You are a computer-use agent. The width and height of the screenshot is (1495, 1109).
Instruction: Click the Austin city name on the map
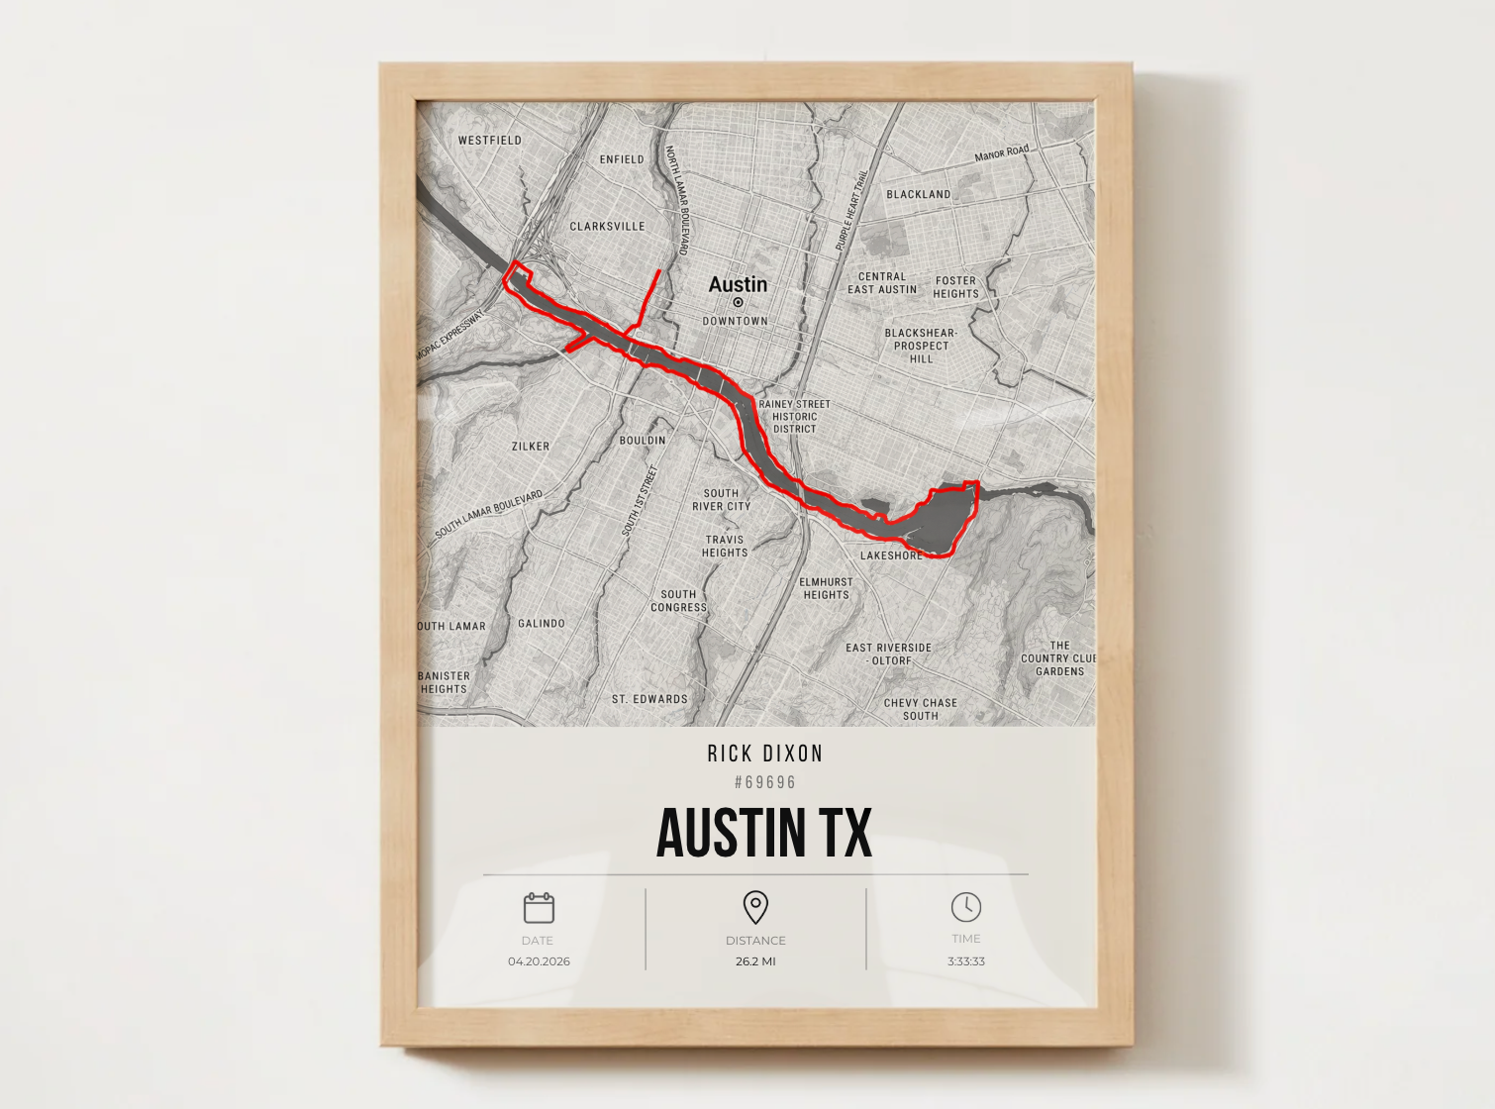click(x=738, y=284)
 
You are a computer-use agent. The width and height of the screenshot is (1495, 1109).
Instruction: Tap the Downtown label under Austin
click(x=736, y=321)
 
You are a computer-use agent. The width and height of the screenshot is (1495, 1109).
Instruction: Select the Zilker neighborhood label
click(x=531, y=447)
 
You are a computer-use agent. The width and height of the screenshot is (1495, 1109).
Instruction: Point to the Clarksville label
click(x=607, y=227)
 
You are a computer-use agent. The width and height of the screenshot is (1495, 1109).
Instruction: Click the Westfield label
click(x=489, y=141)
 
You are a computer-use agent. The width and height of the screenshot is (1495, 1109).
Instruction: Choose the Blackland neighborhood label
click(x=918, y=195)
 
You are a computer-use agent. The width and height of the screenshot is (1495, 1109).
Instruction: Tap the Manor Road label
click(x=1002, y=153)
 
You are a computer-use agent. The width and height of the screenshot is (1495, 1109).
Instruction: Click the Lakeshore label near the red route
click(x=891, y=555)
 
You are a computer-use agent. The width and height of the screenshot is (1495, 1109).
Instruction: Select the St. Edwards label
click(x=649, y=699)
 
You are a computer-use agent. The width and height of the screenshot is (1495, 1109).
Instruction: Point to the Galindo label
click(x=542, y=624)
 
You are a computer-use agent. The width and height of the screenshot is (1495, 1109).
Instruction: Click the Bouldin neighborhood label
click(x=643, y=441)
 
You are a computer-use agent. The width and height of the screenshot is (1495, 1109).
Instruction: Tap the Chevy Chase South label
click(x=921, y=709)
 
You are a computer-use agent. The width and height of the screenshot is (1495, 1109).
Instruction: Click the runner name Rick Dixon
click(x=765, y=754)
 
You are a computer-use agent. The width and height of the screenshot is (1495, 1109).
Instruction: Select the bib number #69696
click(x=765, y=782)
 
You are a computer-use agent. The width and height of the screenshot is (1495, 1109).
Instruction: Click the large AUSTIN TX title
click(x=764, y=833)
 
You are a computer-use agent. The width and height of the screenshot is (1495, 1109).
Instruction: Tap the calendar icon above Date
click(x=539, y=907)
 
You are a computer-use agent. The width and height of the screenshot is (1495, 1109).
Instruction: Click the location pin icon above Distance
click(x=755, y=906)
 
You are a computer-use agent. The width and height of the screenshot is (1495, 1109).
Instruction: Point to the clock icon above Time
click(x=966, y=906)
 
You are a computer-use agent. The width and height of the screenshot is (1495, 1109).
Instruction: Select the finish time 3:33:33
click(x=966, y=961)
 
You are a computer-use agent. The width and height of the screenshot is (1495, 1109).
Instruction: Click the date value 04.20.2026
click(x=539, y=961)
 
